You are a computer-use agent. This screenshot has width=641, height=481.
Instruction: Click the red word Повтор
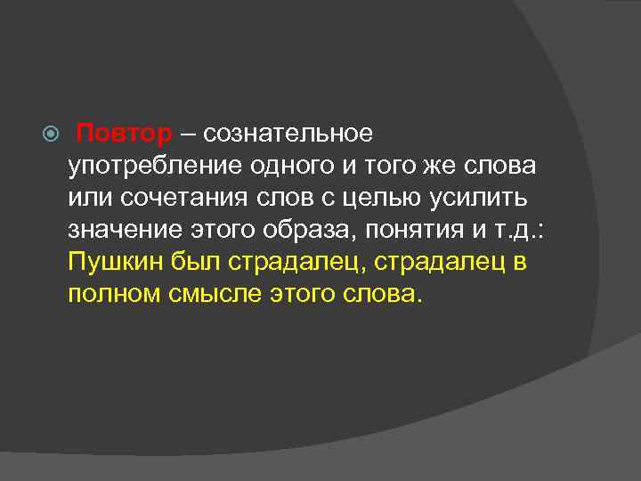click(x=123, y=134)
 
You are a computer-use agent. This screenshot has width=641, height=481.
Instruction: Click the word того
click(x=404, y=167)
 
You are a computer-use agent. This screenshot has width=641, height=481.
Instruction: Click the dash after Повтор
click(x=187, y=134)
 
